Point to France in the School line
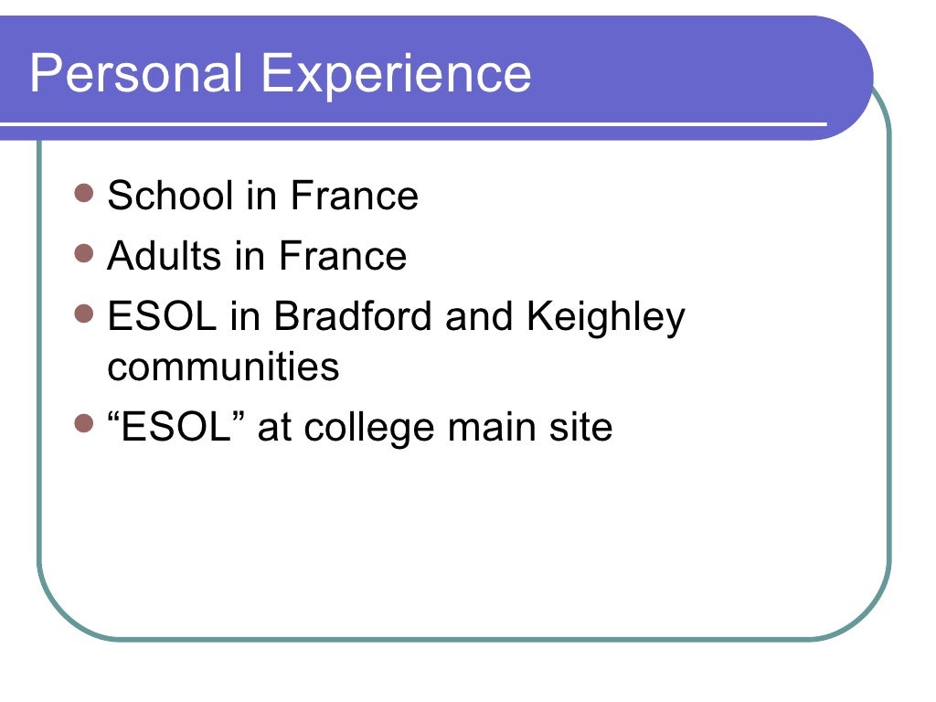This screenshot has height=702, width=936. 355,196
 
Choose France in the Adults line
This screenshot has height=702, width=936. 343,256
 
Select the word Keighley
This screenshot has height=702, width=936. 605,318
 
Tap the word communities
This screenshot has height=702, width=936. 223,367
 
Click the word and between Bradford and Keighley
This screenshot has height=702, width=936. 481,316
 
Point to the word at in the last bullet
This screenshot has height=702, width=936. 272,428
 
